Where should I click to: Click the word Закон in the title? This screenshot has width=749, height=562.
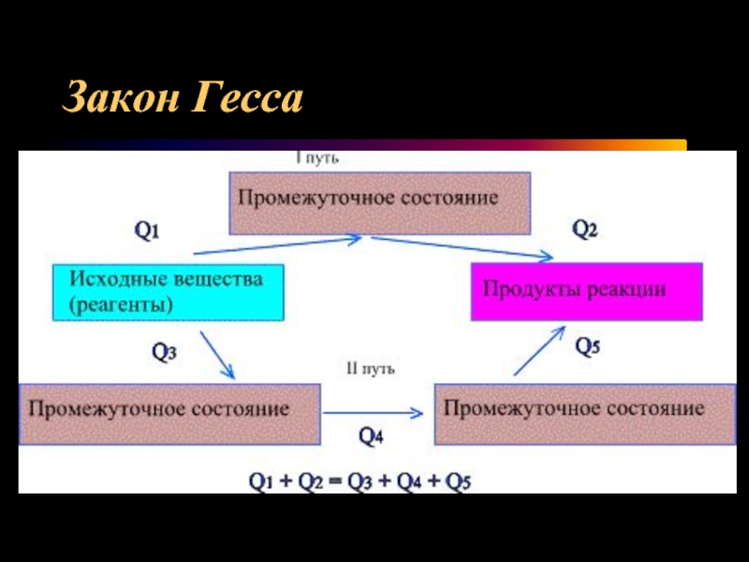pos(121,98)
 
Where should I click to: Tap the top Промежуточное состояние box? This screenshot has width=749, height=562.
pos(380,202)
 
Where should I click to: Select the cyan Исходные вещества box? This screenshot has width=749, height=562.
pos(167,291)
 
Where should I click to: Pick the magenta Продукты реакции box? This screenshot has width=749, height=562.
pos(586,291)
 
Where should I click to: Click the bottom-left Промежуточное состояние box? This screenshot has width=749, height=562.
pos(169,412)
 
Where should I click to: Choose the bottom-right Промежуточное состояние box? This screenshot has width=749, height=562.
pos(574,412)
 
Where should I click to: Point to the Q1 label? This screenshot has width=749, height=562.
pos(148,230)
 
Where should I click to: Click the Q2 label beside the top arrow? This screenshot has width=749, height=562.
pos(585,230)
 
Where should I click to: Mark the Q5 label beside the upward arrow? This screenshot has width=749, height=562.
pos(588,348)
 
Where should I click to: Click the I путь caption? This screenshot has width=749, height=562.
pos(317,158)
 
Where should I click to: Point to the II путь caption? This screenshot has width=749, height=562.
pos(371,369)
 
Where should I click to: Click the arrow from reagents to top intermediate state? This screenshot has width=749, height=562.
pos(276,245)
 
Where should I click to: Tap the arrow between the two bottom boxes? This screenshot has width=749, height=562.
pos(374,412)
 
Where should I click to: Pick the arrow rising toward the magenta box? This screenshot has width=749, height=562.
pos(540,350)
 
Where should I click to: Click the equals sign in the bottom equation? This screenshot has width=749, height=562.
pos(335,482)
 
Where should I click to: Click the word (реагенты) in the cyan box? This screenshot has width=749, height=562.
pos(122,304)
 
